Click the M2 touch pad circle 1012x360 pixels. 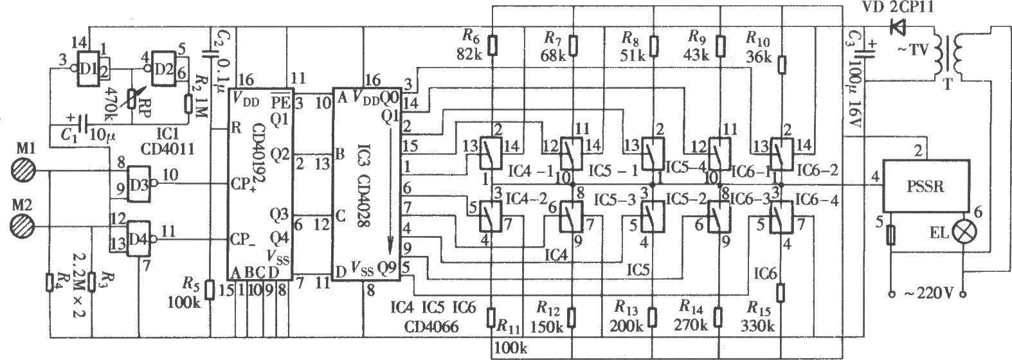(24, 227)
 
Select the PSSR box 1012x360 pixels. (926, 186)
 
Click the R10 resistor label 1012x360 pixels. (759, 36)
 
